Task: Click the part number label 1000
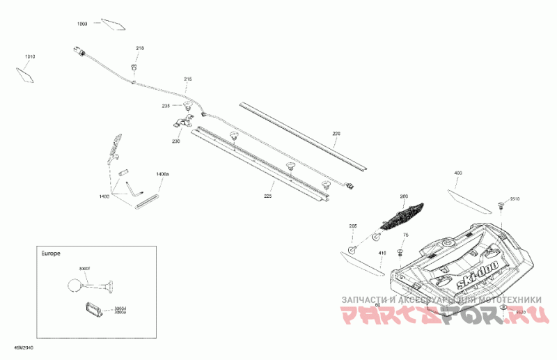[x=82, y=24]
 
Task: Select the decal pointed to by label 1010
[x=26, y=72]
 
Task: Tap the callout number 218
[x=139, y=48]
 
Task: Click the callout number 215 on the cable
[x=187, y=79]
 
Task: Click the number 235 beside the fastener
[x=166, y=106]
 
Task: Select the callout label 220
[x=336, y=133]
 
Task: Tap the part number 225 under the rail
[x=267, y=197]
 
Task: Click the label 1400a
[x=162, y=173]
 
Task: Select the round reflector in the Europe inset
[x=74, y=284]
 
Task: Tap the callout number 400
[x=457, y=173]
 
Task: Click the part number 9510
[x=515, y=198]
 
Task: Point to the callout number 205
[x=352, y=226]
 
